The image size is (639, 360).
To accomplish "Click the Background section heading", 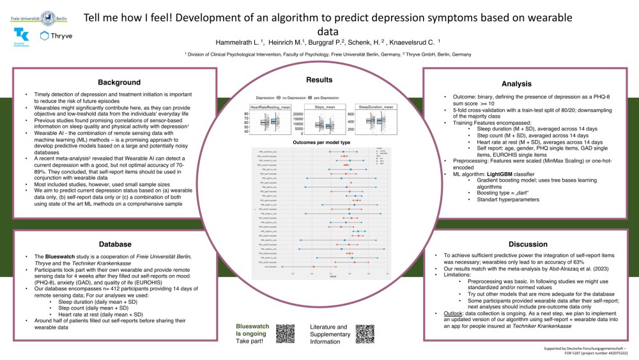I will [119, 82].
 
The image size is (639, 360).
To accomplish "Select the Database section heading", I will [115, 244].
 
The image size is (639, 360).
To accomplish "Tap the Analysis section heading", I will [516, 84].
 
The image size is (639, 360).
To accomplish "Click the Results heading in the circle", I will [319, 80].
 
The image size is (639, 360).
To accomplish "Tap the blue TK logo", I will [20, 36].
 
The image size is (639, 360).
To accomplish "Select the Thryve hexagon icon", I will [44, 36].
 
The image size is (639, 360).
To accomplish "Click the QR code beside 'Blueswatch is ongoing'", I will [286, 334].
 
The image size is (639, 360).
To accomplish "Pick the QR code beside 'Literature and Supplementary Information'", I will [364, 334].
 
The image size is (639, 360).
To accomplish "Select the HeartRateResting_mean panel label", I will [266, 107].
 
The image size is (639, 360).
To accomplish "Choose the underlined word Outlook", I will [445, 313].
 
